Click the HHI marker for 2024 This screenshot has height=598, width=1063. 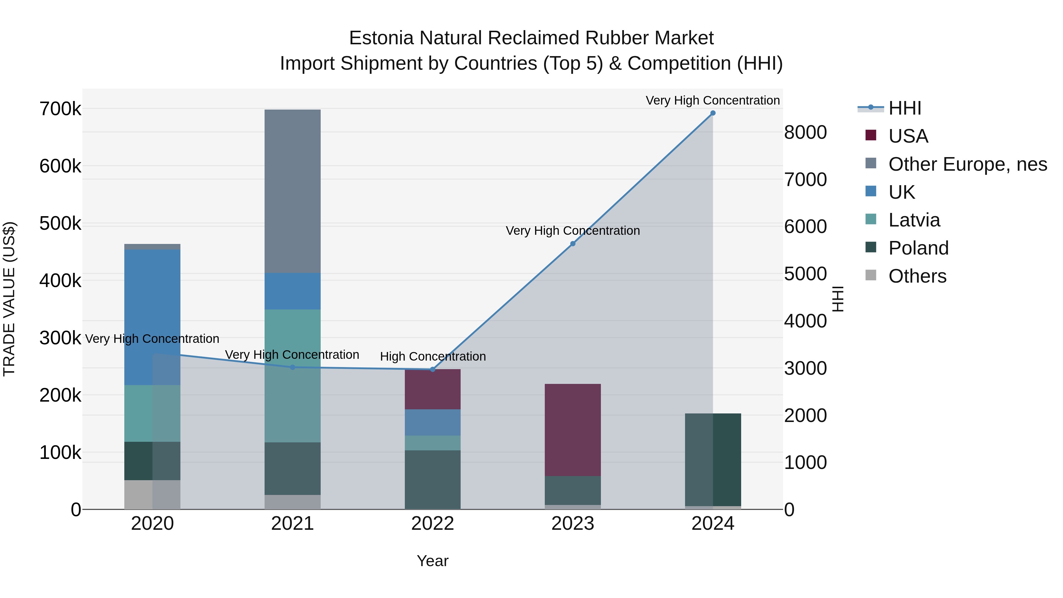point(713,113)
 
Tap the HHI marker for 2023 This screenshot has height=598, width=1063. point(573,244)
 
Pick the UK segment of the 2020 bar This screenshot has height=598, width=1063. point(152,317)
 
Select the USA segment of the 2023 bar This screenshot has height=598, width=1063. point(573,430)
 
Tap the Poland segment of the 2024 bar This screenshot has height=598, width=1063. point(713,459)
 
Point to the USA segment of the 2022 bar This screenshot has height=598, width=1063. point(433,389)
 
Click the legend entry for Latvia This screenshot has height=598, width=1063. point(914,220)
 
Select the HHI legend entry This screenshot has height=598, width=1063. point(904,108)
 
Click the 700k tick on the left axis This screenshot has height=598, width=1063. point(60,109)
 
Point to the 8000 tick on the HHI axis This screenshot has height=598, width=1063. point(805,133)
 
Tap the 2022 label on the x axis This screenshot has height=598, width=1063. point(433,524)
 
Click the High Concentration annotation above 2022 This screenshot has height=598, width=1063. point(433,356)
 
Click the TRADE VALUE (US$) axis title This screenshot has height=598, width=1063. point(9,299)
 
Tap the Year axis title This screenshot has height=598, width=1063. point(433,561)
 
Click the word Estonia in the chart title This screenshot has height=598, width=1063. point(381,38)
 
